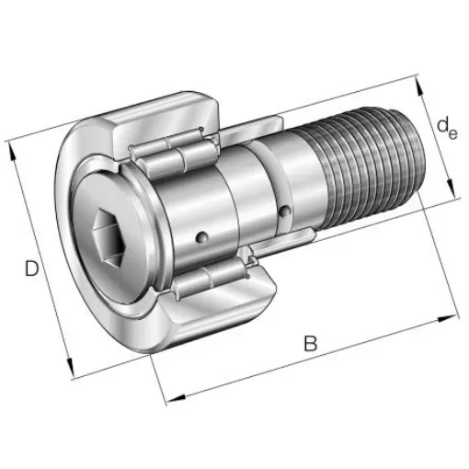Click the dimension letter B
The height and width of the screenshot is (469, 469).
pyautogui.click(x=310, y=345)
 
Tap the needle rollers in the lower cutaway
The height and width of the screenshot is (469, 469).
pyautogui.click(x=207, y=280)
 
